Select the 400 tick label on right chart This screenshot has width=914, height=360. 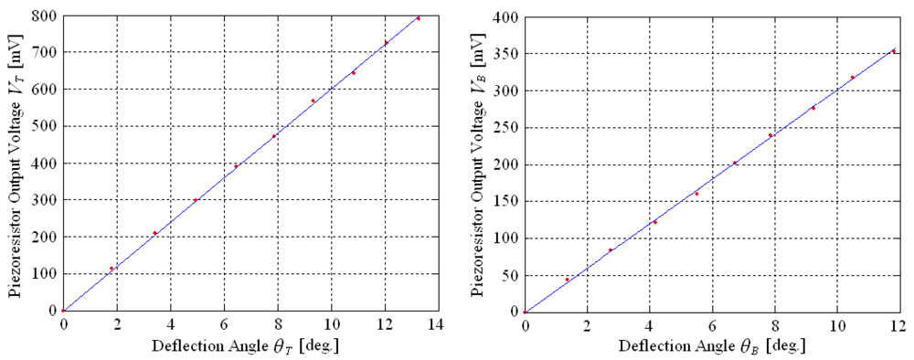pos(506,17)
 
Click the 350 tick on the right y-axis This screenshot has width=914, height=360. pos(506,54)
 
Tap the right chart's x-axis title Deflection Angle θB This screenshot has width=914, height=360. pos(712,347)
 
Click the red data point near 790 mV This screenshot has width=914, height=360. pos(419,18)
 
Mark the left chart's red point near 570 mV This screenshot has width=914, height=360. pos(313,101)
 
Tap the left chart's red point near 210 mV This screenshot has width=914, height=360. pos(155,233)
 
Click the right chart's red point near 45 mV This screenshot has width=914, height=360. pos(568,279)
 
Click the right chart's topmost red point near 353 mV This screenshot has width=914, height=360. pos(893,51)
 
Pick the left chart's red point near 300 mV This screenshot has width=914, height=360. pos(195,200)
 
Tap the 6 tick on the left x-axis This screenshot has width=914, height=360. pos(224,324)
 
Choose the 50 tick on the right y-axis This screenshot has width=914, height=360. pos(510,275)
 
